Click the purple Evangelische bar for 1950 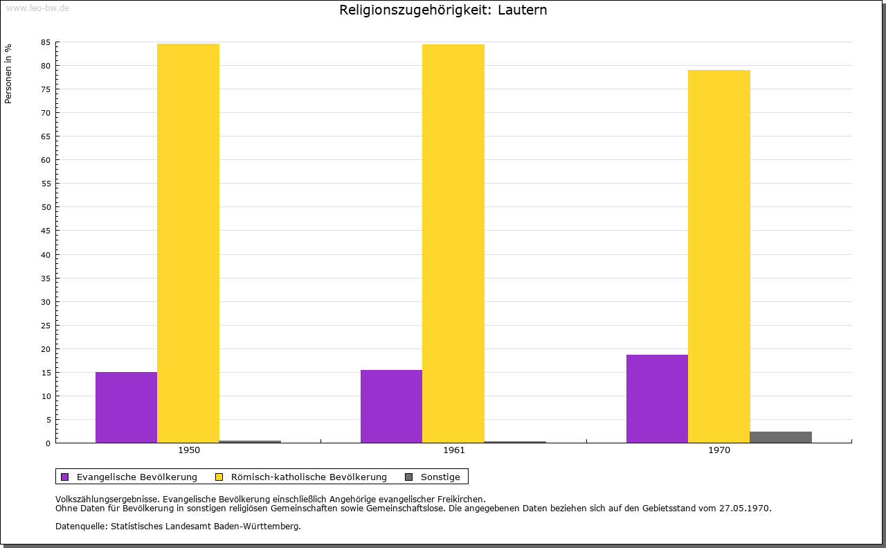pyautogui.click(x=126, y=407)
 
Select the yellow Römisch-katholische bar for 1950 pyautogui.click(x=188, y=242)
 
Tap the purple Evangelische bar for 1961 pyautogui.click(x=391, y=406)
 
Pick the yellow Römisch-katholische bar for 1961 pyautogui.click(x=453, y=243)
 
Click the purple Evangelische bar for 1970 pyautogui.click(x=657, y=398)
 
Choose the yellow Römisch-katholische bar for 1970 pyautogui.click(x=719, y=256)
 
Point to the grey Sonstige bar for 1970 pyautogui.click(x=781, y=437)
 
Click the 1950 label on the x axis pyautogui.click(x=189, y=450)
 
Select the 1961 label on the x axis pyautogui.click(x=454, y=450)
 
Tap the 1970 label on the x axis pyautogui.click(x=719, y=450)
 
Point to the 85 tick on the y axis pyautogui.click(x=46, y=42)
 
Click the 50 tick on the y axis pyautogui.click(x=46, y=207)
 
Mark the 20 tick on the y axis pyautogui.click(x=46, y=349)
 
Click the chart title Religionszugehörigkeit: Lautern pyautogui.click(x=443, y=10)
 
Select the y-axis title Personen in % pyautogui.click(x=8, y=73)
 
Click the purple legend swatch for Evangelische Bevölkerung pyautogui.click(x=65, y=477)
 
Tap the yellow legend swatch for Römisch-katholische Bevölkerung pyautogui.click(x=219, y=477)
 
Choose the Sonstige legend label pyautogui.click(x=440, y=477)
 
